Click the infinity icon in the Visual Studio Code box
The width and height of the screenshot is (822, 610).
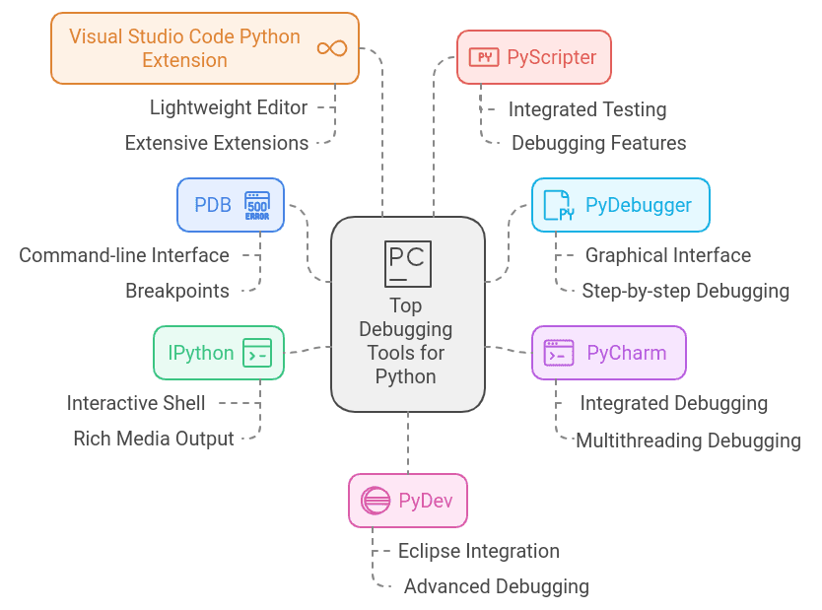(331, 48)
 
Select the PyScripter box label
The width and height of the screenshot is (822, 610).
(551, 57)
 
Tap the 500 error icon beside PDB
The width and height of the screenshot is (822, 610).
(257, 205)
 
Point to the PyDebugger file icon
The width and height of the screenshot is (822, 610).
(559, 206)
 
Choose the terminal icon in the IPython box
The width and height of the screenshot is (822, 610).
(257, 353)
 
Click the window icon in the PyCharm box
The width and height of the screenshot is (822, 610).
(559, 353)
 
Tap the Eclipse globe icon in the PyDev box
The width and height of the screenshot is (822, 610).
(376, 501)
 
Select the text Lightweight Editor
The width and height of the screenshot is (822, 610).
(229, 107)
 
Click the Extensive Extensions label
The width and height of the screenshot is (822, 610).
(216, 143)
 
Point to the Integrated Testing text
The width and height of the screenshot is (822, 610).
(587, 109)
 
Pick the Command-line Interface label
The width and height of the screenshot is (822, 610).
(124, 255)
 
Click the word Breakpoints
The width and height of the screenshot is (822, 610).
(177, 291)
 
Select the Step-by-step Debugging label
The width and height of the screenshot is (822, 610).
(685, 291)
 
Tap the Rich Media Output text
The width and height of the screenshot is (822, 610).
(154, 439)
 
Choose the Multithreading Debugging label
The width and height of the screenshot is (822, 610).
(688, 441)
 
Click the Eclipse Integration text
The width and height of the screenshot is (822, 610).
(478, 551)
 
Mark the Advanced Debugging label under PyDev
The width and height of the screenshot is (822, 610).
(496, 586)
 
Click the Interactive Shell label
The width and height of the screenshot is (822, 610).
(136, 403)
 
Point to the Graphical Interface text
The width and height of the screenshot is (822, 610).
(667, 255)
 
